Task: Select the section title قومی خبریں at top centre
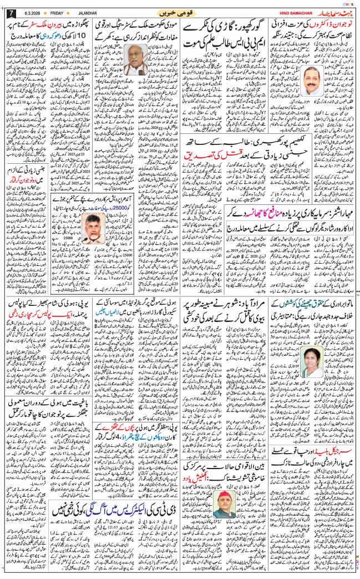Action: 179,13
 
